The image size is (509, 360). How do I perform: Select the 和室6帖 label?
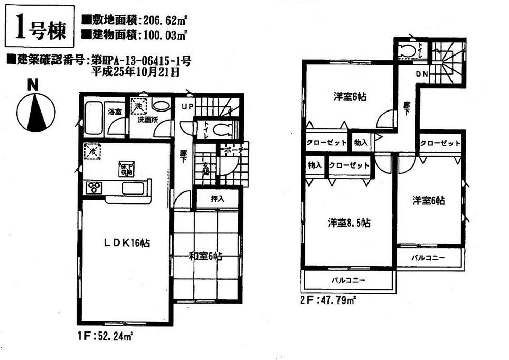pos(206,257)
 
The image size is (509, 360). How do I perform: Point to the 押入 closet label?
pos(217,199)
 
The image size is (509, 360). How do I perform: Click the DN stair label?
pos(422,75)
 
